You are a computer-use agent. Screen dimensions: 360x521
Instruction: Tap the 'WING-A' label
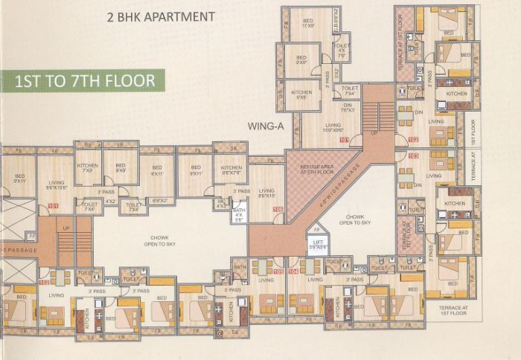[x=266, y=126]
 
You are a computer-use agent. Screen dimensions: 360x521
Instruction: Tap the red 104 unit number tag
[x=293, y=271]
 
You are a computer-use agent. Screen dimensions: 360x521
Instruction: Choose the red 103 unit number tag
[x=413, y=155]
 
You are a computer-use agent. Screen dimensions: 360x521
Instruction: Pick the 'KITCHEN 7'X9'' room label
[x=88, y=167]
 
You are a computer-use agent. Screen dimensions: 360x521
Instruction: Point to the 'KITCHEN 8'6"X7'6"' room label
[x=230, y=170]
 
